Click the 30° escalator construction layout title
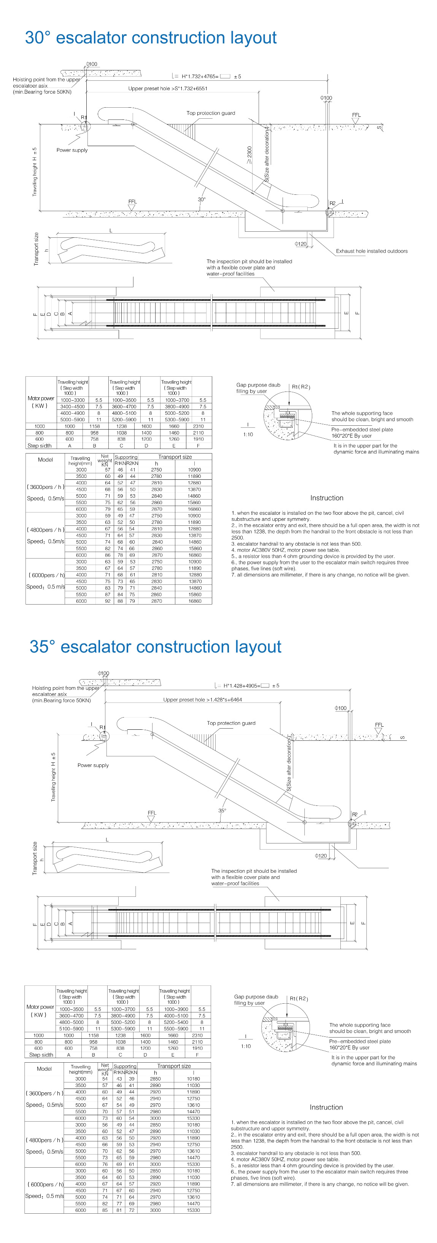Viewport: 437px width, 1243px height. [151, 38]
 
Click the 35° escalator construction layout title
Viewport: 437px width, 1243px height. [155, 646]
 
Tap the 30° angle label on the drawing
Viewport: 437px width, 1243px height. [202, 199]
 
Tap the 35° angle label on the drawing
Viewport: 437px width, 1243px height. [222, 810]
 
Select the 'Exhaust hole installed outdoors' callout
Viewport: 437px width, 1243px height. [372, 251]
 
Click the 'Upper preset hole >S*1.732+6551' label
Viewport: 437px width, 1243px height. [167, 88]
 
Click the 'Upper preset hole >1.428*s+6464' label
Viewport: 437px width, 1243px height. [203, 699]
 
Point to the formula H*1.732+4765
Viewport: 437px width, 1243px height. [200, 76]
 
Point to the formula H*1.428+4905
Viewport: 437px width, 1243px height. [241, 685]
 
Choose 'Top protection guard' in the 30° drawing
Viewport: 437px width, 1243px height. [211, 113]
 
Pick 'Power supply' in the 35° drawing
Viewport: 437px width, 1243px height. [93, 765]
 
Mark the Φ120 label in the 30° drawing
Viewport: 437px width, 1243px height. [300, 244]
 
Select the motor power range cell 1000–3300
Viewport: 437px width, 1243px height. [72, 400]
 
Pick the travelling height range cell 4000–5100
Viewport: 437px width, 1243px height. [176, 1016]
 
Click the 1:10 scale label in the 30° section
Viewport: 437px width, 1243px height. [248, 434]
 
